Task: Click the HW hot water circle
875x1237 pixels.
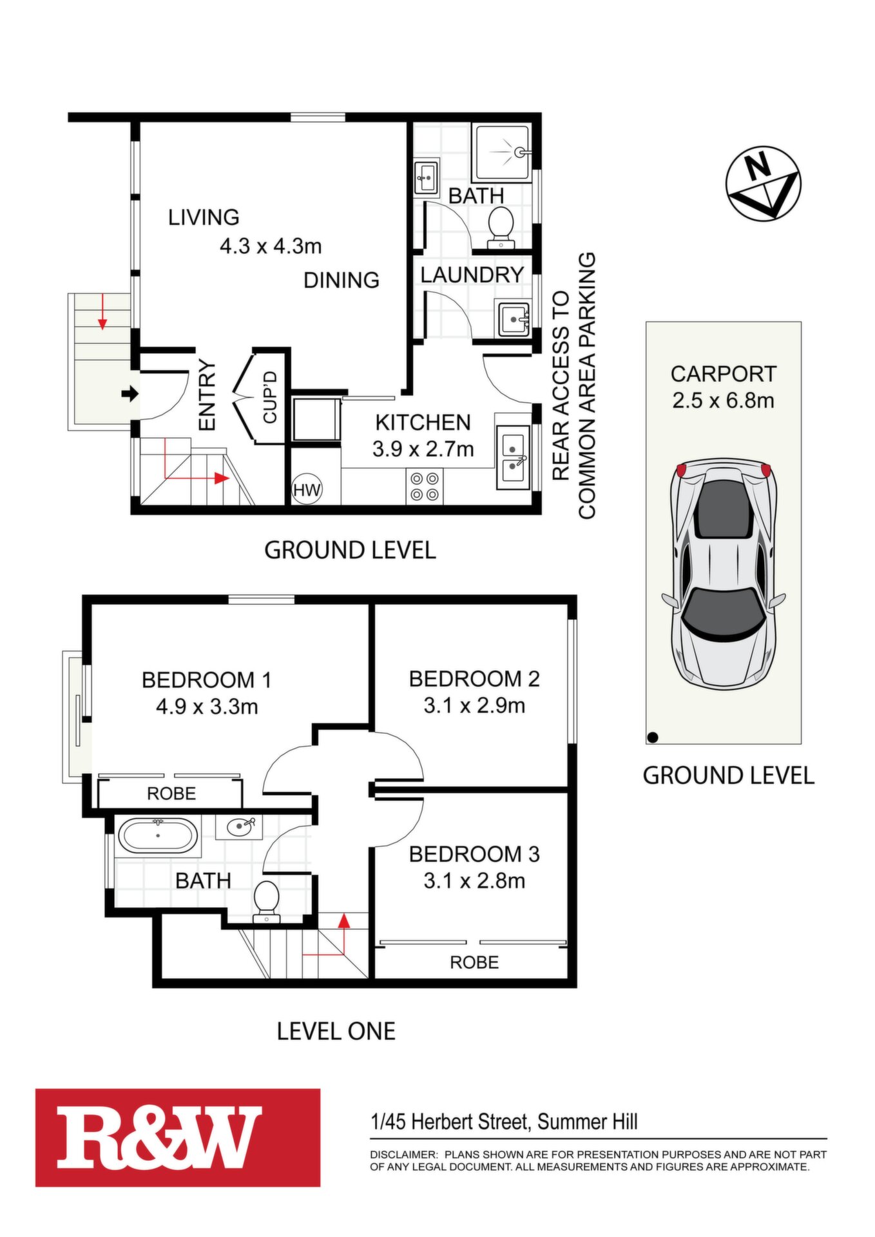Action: click(307, 490)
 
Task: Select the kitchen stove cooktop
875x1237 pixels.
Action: click(425, 486)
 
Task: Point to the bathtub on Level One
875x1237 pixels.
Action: click(158, 836)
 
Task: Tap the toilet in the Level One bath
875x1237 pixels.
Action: click(265, 901)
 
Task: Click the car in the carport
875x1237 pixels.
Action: click(724, 573)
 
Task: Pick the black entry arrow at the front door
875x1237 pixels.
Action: click(131, 394)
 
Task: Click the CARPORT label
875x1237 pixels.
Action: click(723, 374)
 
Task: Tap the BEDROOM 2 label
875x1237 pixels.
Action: click(474, 678)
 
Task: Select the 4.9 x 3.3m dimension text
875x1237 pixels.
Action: click(207, 707)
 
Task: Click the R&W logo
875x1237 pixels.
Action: click(178, 1136)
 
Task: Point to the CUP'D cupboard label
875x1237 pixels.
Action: click(270, 397)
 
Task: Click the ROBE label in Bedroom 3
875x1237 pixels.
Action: click(474, 963)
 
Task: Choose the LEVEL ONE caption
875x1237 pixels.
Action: click(336, 1031)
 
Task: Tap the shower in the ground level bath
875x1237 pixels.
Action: click(503, 153)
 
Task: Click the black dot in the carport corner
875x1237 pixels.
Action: click(653, 737)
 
